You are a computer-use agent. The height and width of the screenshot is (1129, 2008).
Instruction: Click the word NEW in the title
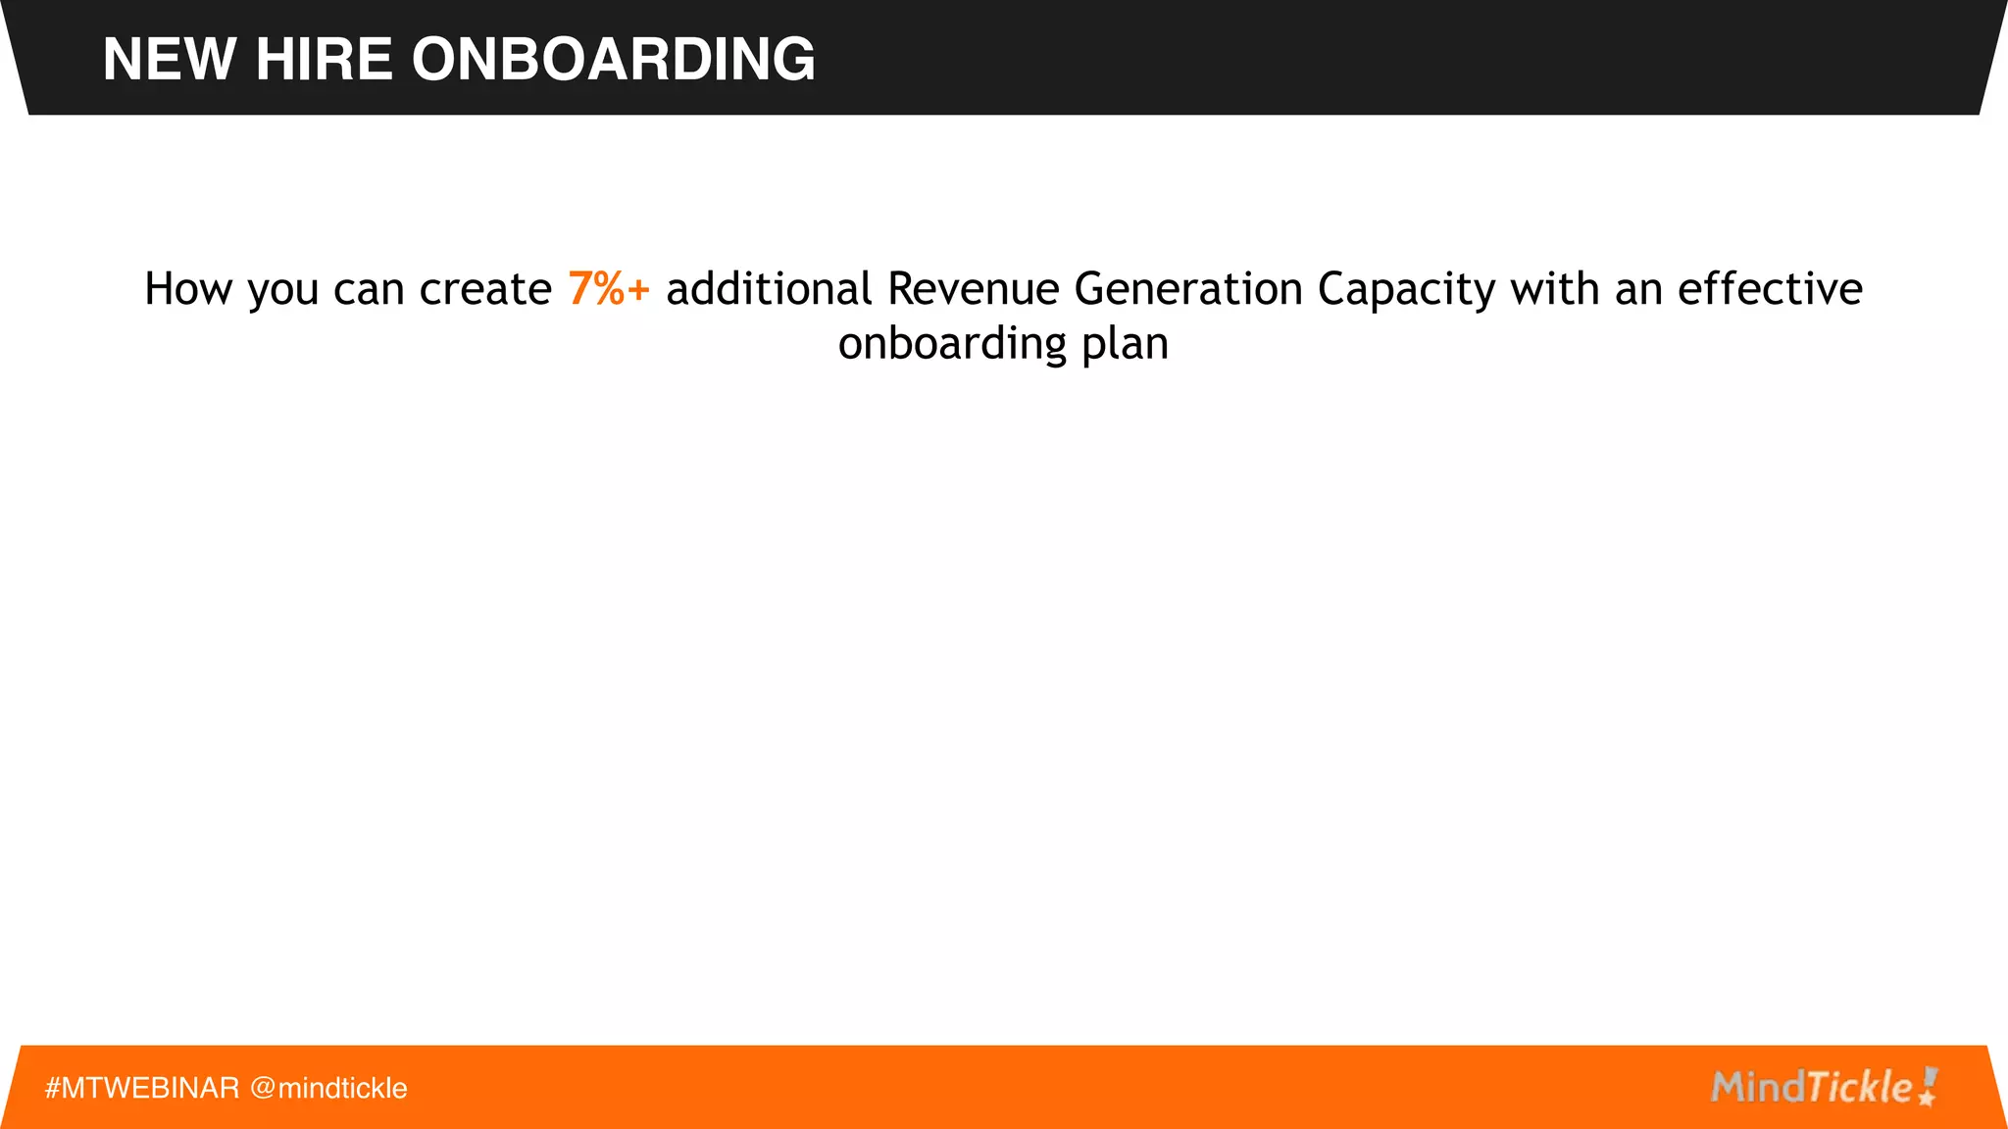click(170, 60)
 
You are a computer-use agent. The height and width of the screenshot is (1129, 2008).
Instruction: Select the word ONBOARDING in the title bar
click(613, 60)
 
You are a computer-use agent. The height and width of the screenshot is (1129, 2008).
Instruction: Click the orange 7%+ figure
click(609, 289)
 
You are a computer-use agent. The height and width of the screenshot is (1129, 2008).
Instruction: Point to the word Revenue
click(974, 289)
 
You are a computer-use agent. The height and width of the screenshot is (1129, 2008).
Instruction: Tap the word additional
click(769, 289)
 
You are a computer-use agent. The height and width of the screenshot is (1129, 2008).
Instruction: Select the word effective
click(1770, 289)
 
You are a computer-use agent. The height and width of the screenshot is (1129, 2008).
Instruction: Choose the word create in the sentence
click(486, 290)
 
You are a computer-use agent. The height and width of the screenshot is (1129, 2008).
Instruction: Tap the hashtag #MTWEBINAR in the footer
click(142, 1088)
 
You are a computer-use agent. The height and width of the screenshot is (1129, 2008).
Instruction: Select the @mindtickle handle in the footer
click(328, 1088)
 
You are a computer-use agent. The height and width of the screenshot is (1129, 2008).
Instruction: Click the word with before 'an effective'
click(1555, 289)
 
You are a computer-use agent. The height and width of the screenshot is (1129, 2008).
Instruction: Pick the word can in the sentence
click(369, 290)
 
